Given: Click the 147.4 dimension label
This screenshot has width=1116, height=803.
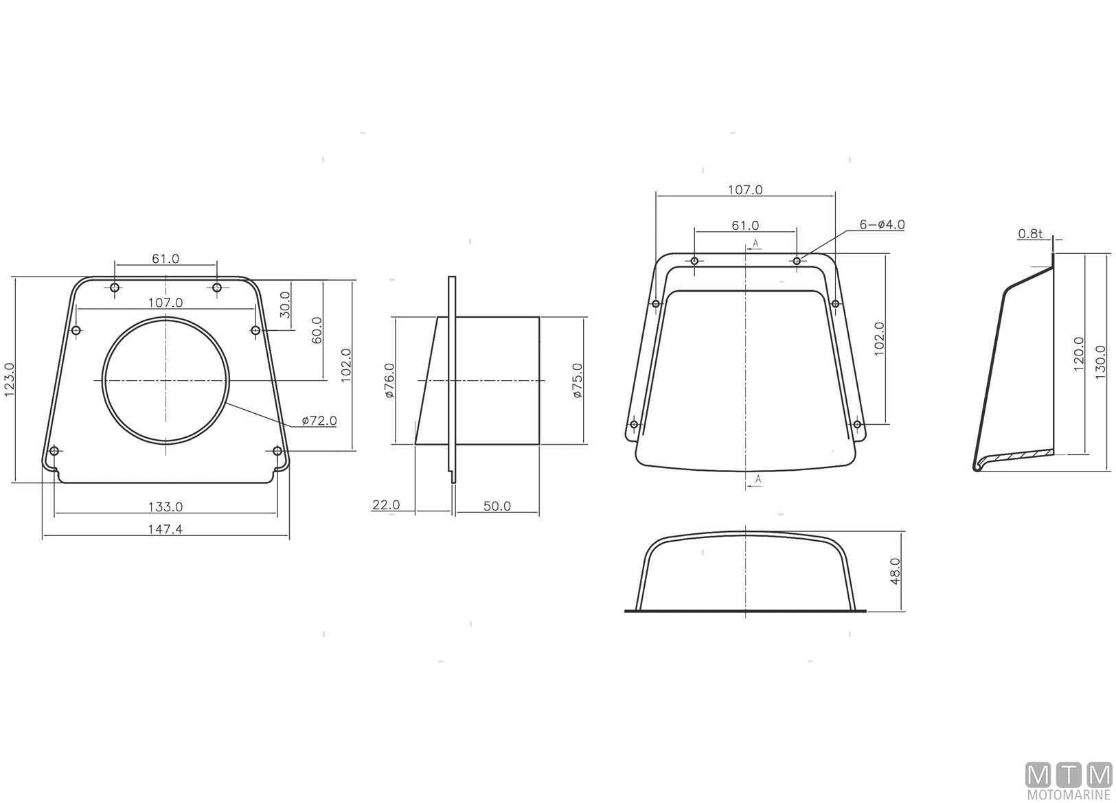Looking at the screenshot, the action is click(x=165, y=528).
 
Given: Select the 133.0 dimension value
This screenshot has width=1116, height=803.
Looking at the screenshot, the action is click(x=166, y=507).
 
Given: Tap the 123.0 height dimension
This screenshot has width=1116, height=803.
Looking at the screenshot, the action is click(x=10, y=380).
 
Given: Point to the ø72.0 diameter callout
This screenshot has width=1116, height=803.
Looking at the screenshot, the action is click(x=319, y=421).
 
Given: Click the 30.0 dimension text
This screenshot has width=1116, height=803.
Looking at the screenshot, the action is click(x=284, y=305).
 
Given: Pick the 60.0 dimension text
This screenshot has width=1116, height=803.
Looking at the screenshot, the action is click(x=317, y=330).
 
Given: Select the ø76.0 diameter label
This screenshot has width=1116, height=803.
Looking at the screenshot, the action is click(x=389, y=380).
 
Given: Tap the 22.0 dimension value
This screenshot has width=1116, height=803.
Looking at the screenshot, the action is click(x=386, y=505).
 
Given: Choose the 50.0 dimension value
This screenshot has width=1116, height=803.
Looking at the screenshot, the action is click(x=497, y=507).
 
